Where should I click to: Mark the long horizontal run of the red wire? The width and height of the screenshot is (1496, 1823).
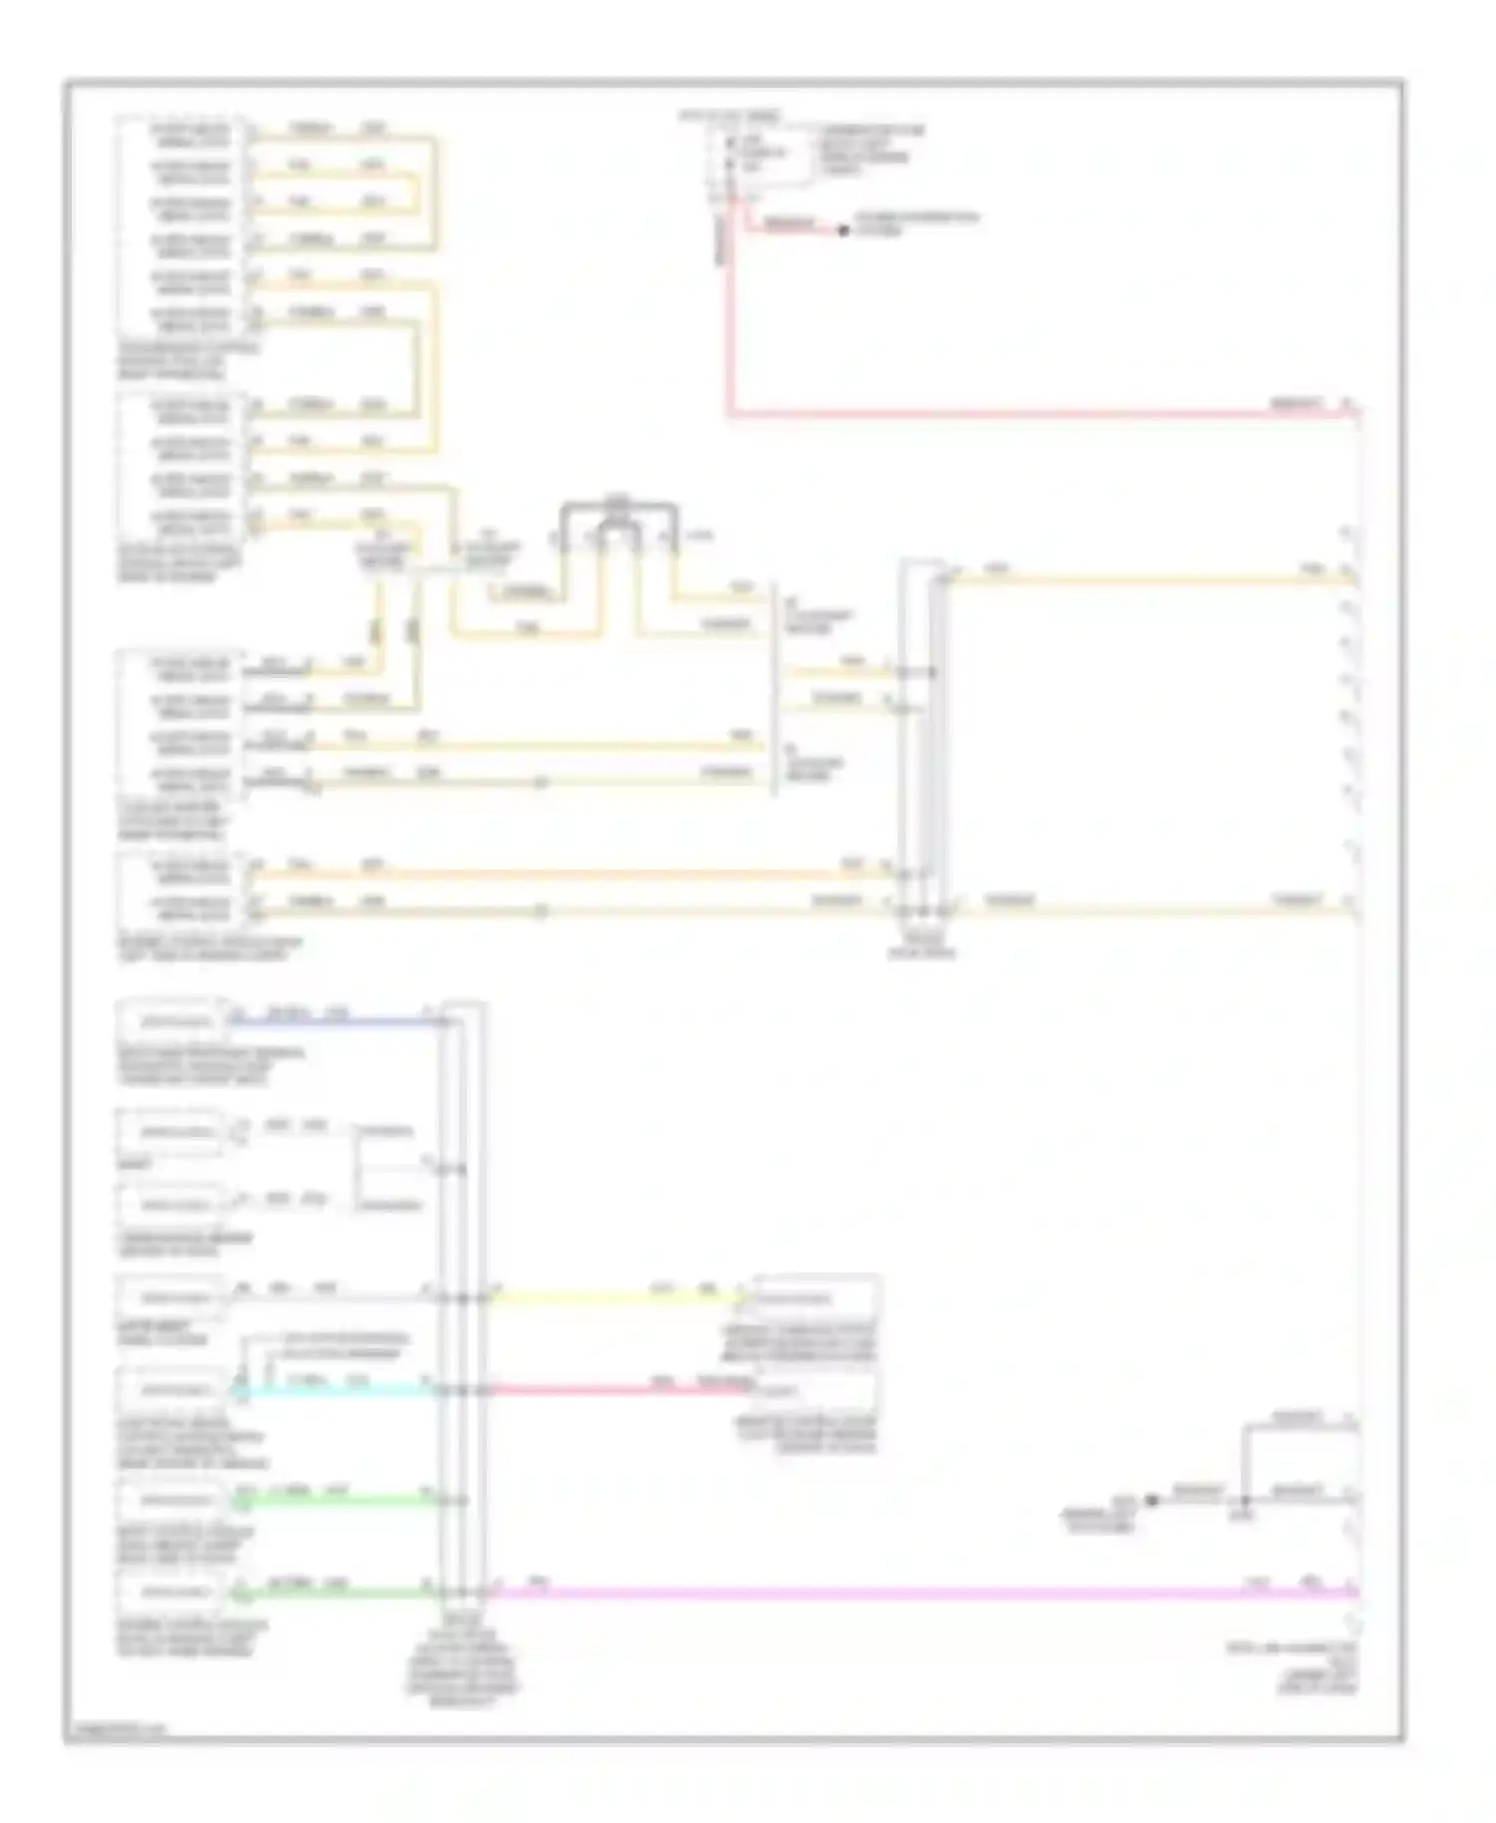pyautogui.click(x=1037, y=412)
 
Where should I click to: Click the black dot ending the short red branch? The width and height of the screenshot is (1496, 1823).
pyautogui.click(x=843, y=230)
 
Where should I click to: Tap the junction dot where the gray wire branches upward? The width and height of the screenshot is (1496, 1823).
pyautogui.click(x=1245, y=1500)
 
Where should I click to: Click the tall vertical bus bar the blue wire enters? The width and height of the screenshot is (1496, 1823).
pyautogui.click(x=463, y=1296)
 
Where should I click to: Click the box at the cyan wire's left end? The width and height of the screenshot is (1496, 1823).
pyautogui.click(x=172, y=1389)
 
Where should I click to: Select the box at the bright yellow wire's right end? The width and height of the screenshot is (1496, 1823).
pyautogui.click(x=816, y=1298)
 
